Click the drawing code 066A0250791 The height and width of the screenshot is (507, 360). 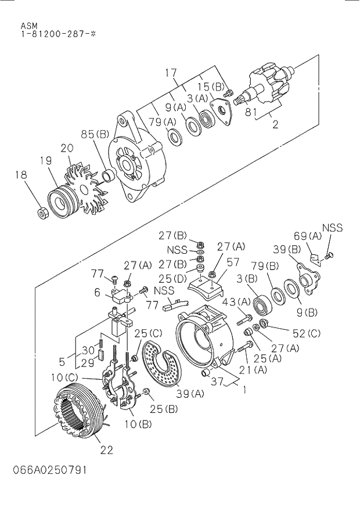53,470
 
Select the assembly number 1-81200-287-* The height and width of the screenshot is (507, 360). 58,35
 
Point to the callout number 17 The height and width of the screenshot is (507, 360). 170,73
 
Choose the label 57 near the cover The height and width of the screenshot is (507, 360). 233,263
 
